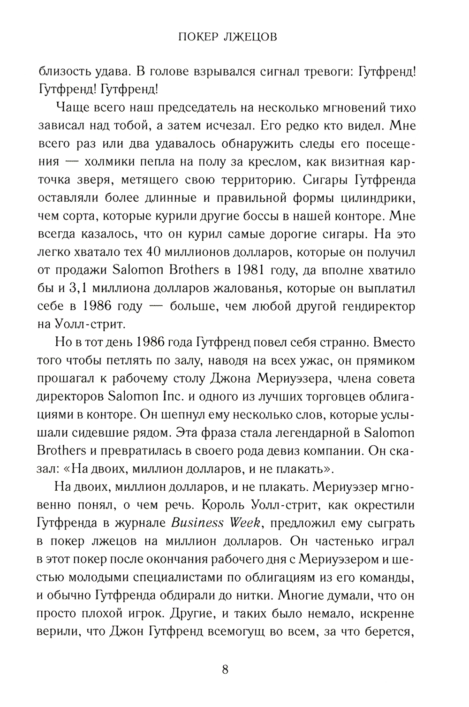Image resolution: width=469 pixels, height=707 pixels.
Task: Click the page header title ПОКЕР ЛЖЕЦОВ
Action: pos(228,37)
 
